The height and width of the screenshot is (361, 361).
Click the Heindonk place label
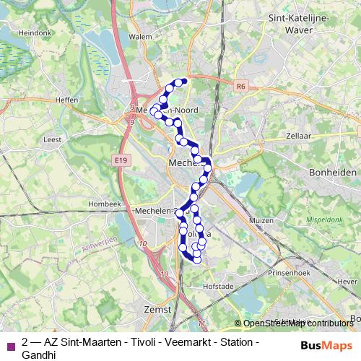(x=35, y=32)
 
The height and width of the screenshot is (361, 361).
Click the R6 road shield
(x=241, y=85)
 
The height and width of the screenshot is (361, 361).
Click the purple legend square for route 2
(x=10, y=344)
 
